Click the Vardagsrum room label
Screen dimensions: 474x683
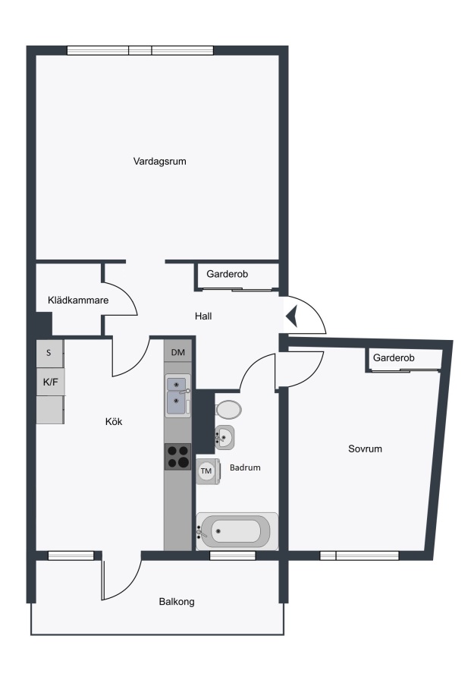tap(160, 162)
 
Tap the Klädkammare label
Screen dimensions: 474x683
tap(78, 300)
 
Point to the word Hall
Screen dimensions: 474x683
tap(203, 316)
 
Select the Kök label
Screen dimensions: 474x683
tap(114, 421)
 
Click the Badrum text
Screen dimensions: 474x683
tap(245, 467)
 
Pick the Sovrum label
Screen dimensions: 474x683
tap(366, 449)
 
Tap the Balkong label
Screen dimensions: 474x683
tap(177, 602)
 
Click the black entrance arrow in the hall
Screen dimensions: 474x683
tap(291, 316)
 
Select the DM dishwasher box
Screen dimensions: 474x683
tap(178, 352)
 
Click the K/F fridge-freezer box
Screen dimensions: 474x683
tap(51, 382)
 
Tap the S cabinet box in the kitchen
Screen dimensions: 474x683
tap(49, 353)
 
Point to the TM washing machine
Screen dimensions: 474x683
tap(207, 471)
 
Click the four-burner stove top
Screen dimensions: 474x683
tap(178, 457)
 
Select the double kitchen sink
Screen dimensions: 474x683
tap(178, 396)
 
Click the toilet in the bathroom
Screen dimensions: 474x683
tap(228, 410)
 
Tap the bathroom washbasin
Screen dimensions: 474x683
tap(224, 437)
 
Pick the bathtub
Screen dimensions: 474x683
tap(237, 531)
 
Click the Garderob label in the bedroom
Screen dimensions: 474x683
tap(394, 357)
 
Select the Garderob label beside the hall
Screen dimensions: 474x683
tap(228, 274)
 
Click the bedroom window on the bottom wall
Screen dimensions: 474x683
tap(359, 556)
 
